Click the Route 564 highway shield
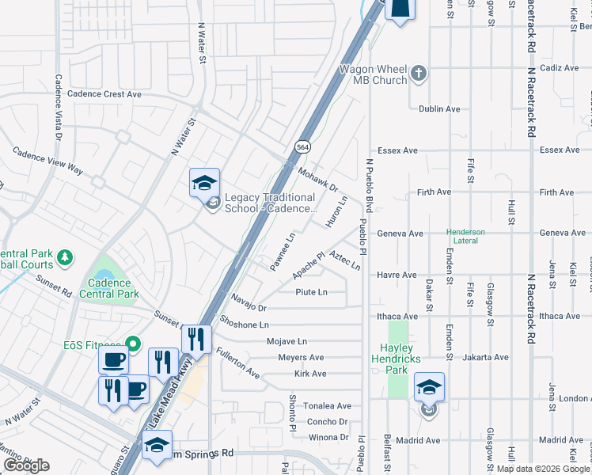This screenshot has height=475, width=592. click(302, 147)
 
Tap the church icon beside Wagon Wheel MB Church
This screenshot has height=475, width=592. click(419, 75)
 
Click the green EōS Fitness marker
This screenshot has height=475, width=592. click(134, 344)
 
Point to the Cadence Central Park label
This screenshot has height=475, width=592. click(110, 288)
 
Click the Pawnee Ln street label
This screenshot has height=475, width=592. click(283, 252)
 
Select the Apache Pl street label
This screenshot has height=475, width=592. click(309, 265)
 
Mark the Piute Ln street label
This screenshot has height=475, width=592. click(311, 292)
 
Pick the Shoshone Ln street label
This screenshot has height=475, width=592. click(245, 325)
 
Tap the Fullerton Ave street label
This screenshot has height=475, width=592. click(237, 362)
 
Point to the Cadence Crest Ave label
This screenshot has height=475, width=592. click(104, 93)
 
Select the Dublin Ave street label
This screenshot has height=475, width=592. click(440, 109)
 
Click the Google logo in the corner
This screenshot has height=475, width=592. click(26, 465)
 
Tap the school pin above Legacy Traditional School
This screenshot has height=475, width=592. click(204, 183)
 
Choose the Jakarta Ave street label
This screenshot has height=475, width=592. click(484, 357)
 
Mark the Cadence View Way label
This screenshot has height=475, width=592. click(47, 159)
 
